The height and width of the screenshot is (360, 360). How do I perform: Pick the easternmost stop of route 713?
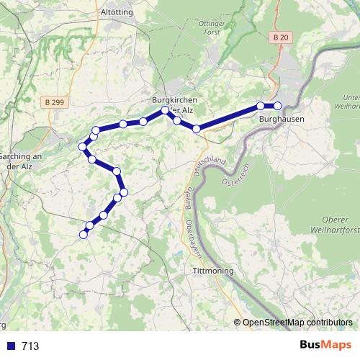pos(278,107)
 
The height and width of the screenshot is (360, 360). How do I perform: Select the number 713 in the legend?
pos(30,346)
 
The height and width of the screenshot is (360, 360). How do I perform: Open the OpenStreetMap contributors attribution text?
pos(297,323)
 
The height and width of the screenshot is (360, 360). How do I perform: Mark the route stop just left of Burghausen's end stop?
pos(261,107)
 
